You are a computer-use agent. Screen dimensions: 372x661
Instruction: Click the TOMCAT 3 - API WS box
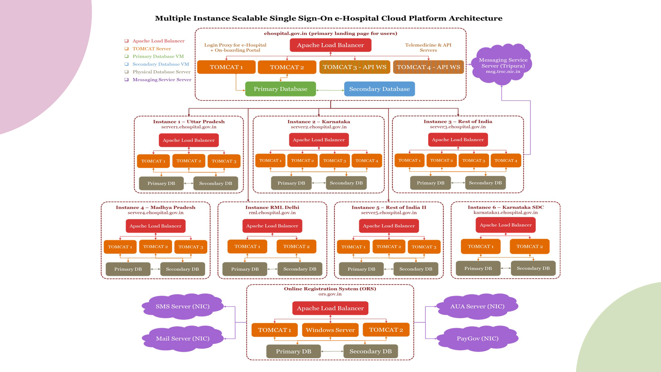click(x=355, y=67)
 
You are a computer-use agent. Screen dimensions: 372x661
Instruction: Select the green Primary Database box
click(x=281, y=89)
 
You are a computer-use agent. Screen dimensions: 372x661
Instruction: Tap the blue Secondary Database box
click(x=379, y=89)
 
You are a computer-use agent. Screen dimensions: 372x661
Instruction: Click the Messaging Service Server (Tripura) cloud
click(x=503, y=65)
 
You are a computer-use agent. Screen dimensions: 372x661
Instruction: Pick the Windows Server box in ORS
click(x=330, y=330)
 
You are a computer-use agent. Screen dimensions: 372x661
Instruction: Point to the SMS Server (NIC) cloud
click(x=182, y=306)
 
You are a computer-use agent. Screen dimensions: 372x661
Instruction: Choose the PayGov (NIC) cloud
click(x=478, y=339)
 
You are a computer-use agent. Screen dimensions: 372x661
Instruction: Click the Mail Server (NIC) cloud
click(x=182, y=339)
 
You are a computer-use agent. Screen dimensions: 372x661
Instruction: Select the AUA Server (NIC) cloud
click(x=477, y=306)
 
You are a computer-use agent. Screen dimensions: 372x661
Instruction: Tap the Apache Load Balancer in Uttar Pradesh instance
click(x=189, y=140)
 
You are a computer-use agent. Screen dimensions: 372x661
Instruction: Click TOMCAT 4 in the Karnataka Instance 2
click(x=367, y=161)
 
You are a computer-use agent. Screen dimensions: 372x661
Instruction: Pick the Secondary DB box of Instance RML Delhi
click(x=300, y=269)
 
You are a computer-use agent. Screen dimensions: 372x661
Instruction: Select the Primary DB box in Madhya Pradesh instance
click(x=128, y=269)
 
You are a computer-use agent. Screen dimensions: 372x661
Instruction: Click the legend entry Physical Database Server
click(x=161, y=72)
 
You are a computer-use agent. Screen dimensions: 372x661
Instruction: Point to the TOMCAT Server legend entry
click(x=151, y=49)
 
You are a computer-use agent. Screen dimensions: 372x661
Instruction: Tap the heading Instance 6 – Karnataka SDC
click(x=505, y=207)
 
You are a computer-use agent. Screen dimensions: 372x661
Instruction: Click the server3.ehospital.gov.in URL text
click(x=458, y=127)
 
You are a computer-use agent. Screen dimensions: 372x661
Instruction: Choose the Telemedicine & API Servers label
click(x=428, y=48)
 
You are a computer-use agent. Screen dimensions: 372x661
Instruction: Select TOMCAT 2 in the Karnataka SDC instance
click(x=529, y=246)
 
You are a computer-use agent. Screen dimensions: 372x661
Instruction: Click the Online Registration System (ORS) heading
click(x=330, y=289)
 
